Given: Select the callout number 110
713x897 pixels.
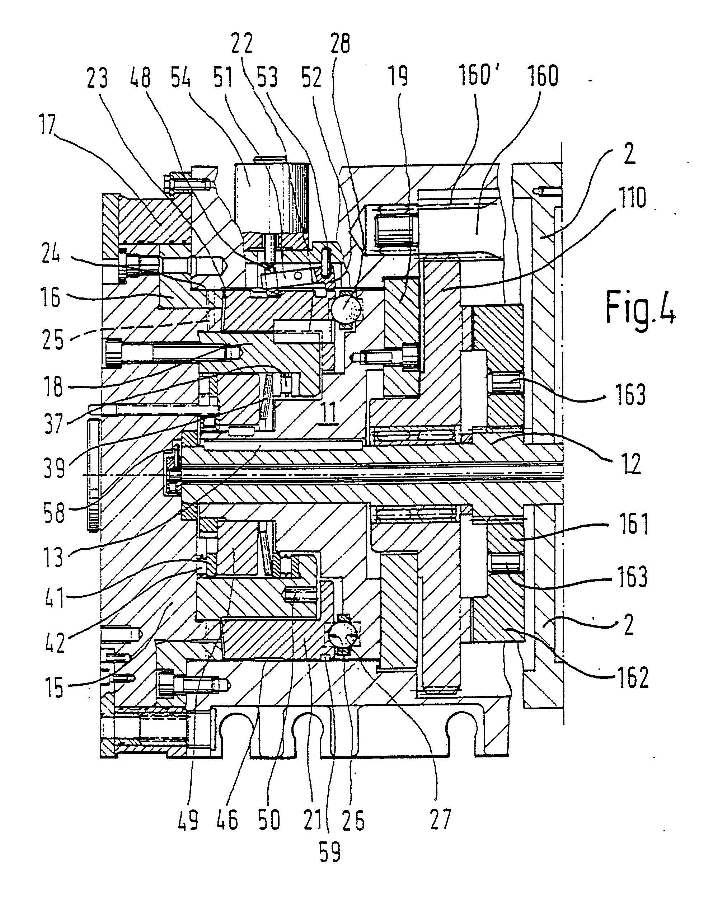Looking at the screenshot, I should click(631, 198).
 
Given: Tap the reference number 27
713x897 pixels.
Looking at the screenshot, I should click(441, 819).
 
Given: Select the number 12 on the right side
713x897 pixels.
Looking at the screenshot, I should click(631, 464).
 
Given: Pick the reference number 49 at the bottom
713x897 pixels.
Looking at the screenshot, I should click(188, 819).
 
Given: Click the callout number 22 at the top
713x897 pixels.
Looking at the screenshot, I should click(242, 44).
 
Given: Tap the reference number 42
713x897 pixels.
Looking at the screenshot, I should click(54, 642).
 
